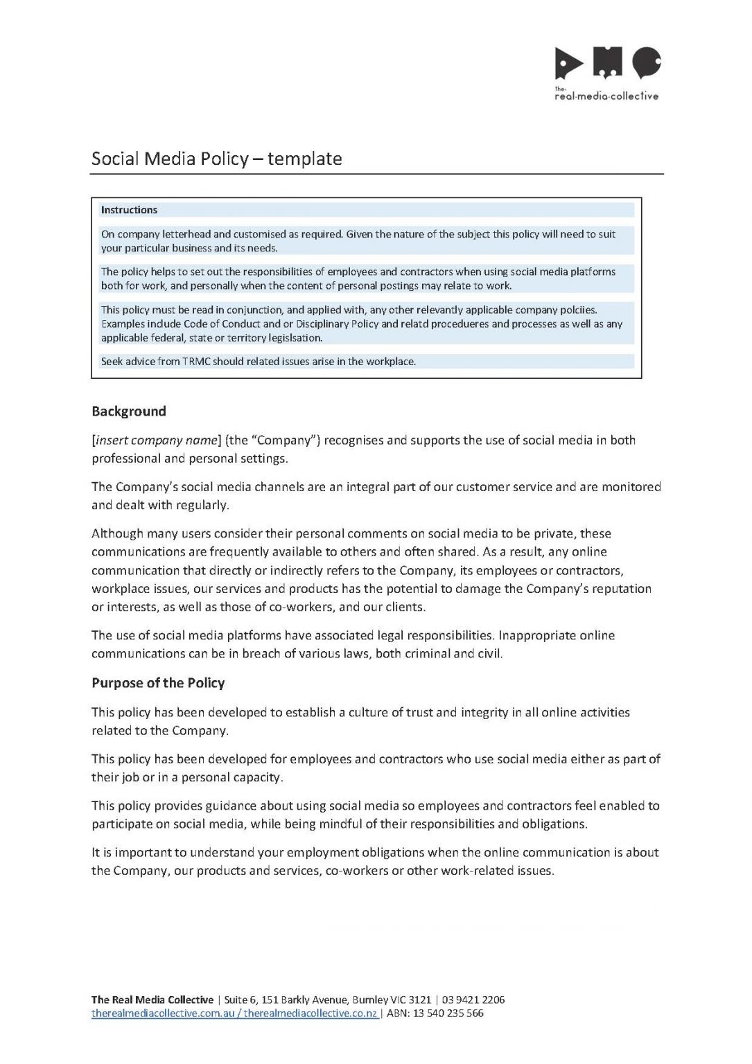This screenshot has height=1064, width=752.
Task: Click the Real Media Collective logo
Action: [x=607, y=73]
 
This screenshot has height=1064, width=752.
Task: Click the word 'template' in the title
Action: [x=305, y=159]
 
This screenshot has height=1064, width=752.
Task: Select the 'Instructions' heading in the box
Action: [x=129, y=210]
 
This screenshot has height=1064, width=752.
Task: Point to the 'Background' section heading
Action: [x=129, y=411]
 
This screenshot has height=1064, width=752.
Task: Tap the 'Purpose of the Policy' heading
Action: [x=158, y=683]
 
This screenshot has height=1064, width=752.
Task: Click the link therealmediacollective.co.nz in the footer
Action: [x=311, y=1013]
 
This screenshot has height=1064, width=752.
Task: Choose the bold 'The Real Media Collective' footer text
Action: [x=152, y=1000]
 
